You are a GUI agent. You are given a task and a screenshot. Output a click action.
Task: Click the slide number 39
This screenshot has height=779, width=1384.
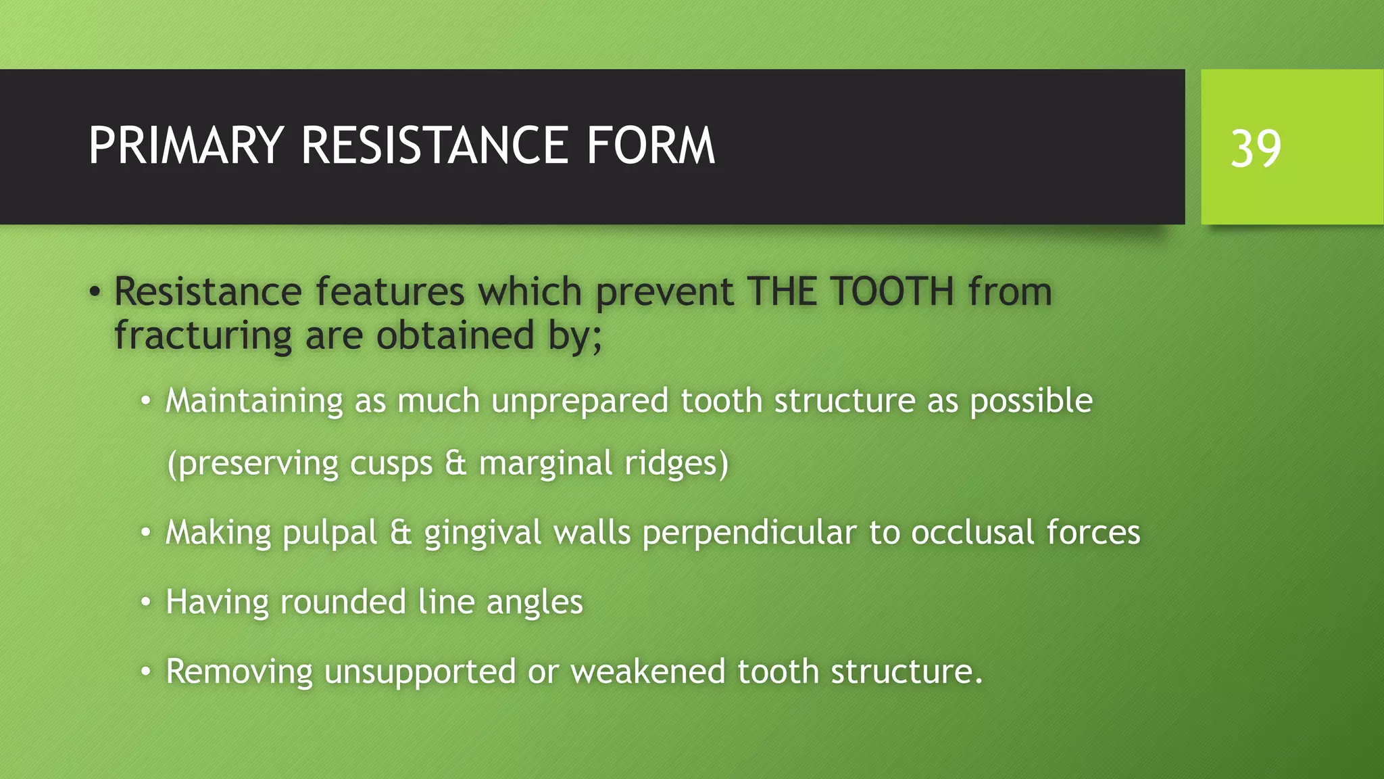1255,148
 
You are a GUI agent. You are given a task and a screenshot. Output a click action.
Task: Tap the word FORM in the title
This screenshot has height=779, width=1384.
650,145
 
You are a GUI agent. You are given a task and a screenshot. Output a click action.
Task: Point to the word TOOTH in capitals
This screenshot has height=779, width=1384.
891,291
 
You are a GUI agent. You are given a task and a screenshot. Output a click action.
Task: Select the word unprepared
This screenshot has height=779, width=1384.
580,401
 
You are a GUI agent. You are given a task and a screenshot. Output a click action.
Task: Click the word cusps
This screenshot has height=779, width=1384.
391,463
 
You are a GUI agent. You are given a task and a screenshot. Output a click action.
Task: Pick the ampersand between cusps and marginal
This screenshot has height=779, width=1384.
455,463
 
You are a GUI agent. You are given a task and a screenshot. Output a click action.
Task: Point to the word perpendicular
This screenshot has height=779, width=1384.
749,533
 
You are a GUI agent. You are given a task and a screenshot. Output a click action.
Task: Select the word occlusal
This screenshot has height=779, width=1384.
972,533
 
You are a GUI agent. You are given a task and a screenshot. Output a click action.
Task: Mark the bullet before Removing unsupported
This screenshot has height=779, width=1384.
145,672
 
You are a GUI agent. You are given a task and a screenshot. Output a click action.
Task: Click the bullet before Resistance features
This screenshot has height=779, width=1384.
95,293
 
